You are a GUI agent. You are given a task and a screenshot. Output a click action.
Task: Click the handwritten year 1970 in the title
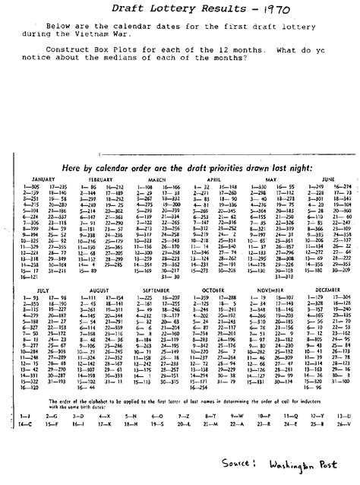point(268,11)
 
